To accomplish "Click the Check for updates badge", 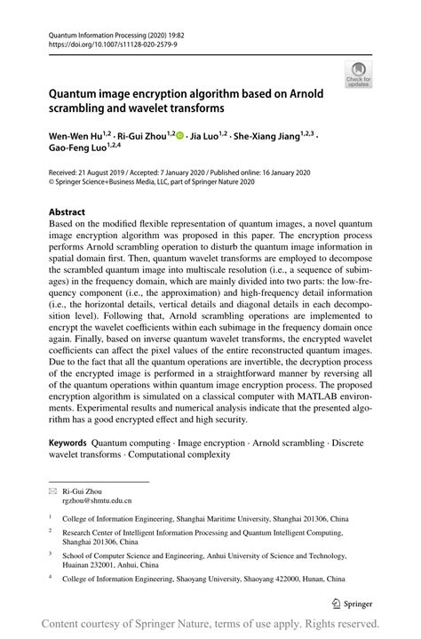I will point(359,75).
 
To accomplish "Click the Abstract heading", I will point(67,212).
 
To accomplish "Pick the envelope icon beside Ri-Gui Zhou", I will point(52,491).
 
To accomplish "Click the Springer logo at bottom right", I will point(352,602).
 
